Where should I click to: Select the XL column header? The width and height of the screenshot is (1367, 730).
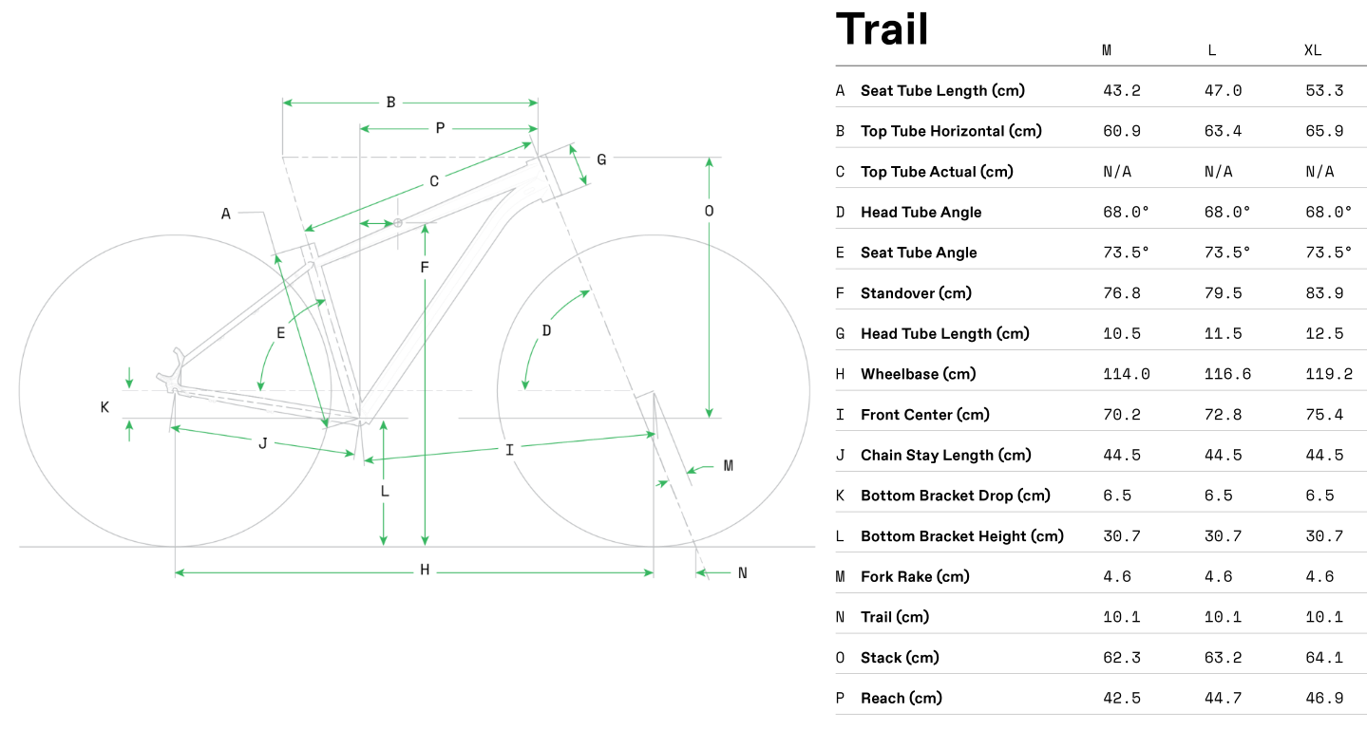coord(1313,50)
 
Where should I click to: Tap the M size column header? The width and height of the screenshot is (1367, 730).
coord(1107,50)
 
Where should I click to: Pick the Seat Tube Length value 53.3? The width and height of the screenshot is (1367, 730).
coord(1324,91)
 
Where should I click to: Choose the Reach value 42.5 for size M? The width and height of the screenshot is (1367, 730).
coord(1122,699)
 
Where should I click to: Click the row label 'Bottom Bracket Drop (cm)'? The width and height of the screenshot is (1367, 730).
coord(955,496)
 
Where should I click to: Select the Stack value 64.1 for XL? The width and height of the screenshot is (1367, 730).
coord(1324,658)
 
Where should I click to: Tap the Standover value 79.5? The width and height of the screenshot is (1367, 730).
coord(1223,293)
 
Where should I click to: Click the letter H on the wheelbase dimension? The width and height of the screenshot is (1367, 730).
coord(425,571)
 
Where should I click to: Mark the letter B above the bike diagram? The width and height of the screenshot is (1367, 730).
coord(390,103)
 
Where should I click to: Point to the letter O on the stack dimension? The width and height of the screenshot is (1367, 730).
coord(709,211)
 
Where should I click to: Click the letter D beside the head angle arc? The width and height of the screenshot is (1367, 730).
coord(546,330)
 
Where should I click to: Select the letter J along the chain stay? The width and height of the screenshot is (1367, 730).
coord(263,443)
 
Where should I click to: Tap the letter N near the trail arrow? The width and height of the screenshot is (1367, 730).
coord(743,572)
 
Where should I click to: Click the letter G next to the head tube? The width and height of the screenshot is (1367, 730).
coord(601,159)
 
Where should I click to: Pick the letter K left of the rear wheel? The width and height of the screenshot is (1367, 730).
coord(104,407)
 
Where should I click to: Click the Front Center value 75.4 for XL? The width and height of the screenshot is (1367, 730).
coord(1324,415)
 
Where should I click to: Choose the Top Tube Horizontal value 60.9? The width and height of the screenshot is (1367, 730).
coord(1122,131)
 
